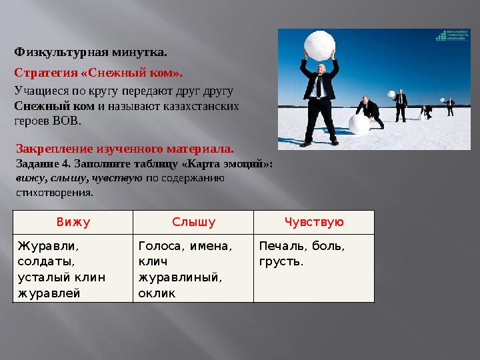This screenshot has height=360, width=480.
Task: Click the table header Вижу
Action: [73, 222]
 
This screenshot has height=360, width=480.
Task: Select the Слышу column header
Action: [193, 222]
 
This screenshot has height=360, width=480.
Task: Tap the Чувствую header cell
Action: [314, 222]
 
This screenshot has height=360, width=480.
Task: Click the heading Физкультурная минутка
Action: [91, 51]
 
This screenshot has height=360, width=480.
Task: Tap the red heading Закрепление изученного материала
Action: [124, 151]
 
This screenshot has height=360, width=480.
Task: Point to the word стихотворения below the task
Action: [54, 192]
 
